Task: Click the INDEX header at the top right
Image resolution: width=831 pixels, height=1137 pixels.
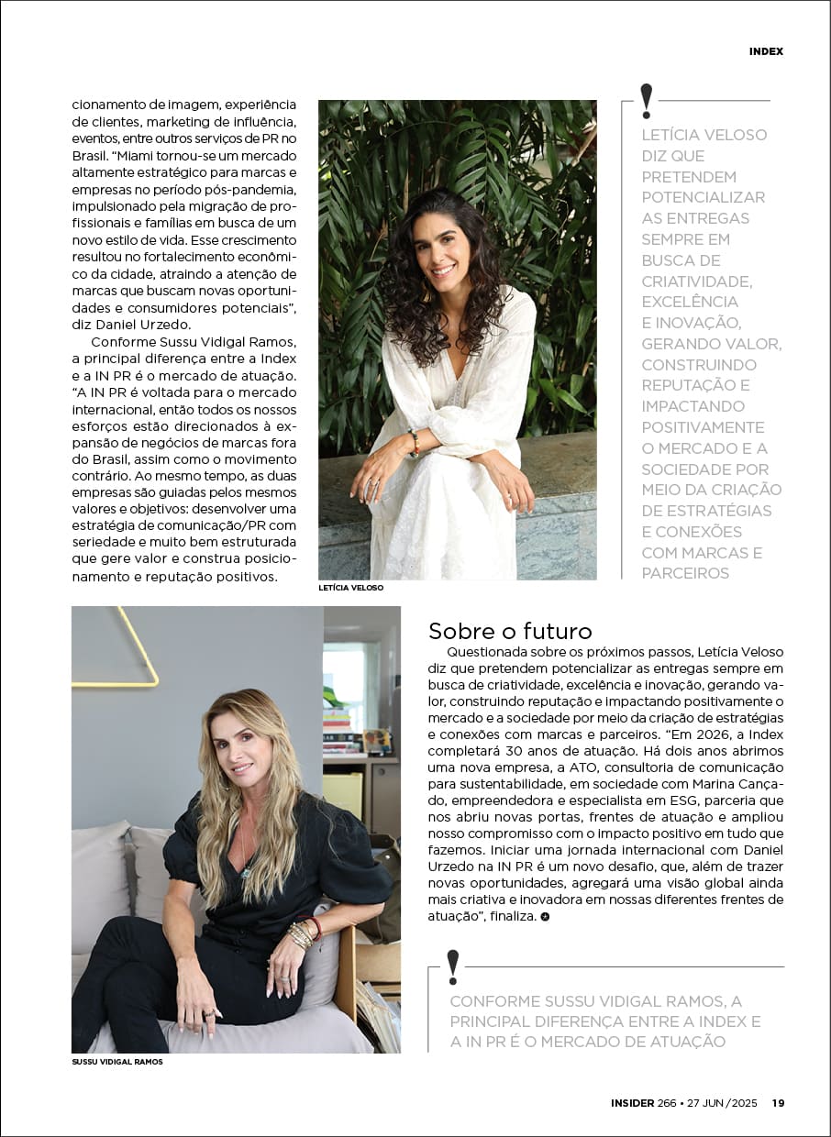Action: click(766, 51)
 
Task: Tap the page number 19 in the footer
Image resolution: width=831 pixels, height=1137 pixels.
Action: click(777, 1103)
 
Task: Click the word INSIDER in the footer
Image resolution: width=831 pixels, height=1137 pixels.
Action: click(632, 1103)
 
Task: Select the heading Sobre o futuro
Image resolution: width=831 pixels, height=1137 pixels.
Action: click(510, 631)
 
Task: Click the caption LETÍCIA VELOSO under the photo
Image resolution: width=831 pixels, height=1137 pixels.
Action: click(351, 588)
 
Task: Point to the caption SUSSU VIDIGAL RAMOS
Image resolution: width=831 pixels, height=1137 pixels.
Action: click(116, 1062)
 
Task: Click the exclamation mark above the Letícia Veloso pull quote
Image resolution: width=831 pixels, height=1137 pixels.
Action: click(647, 100)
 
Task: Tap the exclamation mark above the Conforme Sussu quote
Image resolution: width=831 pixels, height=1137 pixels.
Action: click(452, 966)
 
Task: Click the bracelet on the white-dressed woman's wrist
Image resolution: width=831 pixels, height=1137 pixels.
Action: click(415, 443)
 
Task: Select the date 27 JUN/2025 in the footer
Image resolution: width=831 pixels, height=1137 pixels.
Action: click(723, 1103)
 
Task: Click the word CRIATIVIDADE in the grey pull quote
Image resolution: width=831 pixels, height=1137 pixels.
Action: click(696, 281)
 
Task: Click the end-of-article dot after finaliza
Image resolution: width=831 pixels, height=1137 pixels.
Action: click(545, 916)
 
